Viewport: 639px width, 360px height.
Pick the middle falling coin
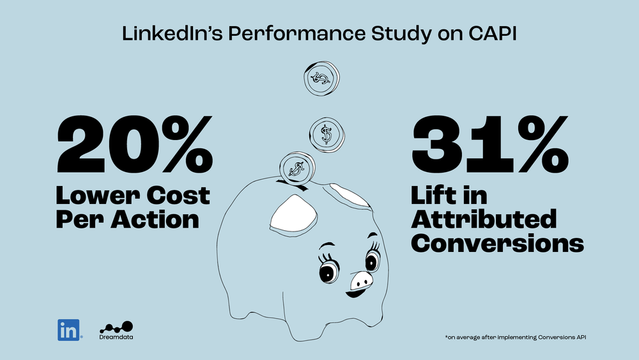(x=327, y=134)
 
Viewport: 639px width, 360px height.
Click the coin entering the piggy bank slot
(x=295, y=168)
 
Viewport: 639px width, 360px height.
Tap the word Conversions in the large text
(x=497, y=243)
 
